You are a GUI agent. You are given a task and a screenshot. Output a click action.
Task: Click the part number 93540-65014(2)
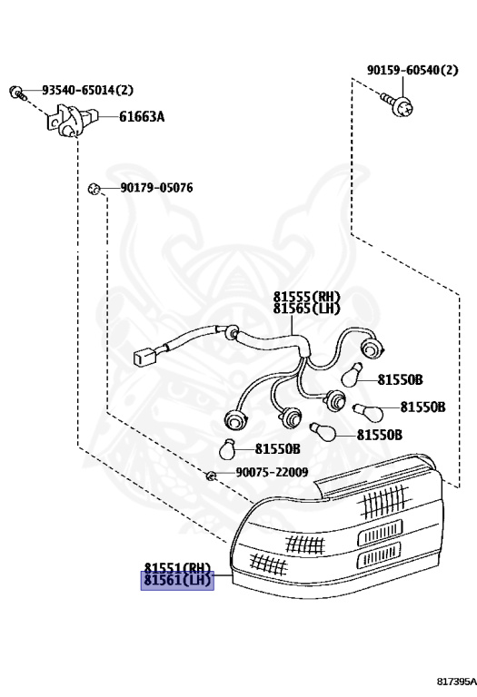pos(87,90)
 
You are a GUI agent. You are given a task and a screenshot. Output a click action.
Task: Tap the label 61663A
pos(142,117)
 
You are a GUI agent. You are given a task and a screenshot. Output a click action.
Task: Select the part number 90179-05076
pos(156,188)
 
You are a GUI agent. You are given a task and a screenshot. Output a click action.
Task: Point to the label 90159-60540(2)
pos(412,70)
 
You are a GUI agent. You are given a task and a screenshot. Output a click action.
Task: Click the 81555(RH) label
pos(306,297)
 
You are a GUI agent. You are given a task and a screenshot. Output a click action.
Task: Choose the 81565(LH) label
pos(306,308)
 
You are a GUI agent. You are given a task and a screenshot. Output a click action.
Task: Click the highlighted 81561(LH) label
pos(177,580)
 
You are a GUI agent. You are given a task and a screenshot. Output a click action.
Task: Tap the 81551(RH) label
pos(177,568)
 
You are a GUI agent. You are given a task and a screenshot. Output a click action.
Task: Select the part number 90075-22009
pos(272,472)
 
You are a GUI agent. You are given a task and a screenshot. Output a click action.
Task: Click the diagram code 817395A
pos(456,682)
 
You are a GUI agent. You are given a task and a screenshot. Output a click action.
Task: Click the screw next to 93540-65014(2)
pos(17,92)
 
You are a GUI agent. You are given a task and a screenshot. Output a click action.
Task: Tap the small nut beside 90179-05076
pos(94,189)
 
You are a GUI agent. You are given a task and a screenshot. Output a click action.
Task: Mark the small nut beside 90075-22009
pos(212,476)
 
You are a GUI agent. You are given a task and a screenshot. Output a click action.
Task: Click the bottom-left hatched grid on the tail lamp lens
pos(269,564)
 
